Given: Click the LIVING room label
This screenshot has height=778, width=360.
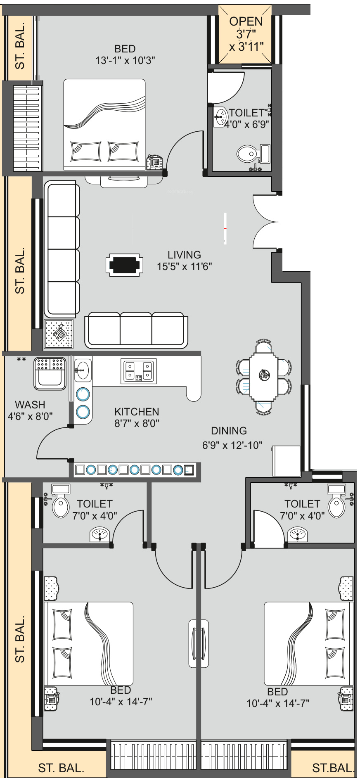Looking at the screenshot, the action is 184,255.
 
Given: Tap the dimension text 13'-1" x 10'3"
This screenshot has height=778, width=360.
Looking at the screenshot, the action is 125,60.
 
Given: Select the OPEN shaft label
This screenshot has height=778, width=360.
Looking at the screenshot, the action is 246,21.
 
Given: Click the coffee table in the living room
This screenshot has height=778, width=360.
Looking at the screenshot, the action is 124,265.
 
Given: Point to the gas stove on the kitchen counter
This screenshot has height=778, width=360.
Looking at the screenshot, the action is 139,371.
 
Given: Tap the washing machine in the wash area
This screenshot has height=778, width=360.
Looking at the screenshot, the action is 50,374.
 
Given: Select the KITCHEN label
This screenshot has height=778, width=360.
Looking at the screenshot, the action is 137,412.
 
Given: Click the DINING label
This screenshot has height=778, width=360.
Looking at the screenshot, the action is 229,431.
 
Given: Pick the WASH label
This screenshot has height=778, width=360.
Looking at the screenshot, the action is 30,405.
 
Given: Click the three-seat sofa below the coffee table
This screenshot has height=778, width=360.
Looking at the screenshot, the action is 136,330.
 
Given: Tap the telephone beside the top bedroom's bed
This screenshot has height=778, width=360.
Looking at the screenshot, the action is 155,161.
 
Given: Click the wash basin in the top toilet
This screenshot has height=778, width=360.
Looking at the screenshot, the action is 220,118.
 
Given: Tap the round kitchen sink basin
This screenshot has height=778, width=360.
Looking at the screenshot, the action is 83,369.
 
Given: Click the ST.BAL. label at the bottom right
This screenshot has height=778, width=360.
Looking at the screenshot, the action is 333,768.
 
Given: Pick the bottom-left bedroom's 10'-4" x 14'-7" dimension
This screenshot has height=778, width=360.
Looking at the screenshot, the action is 121,701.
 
